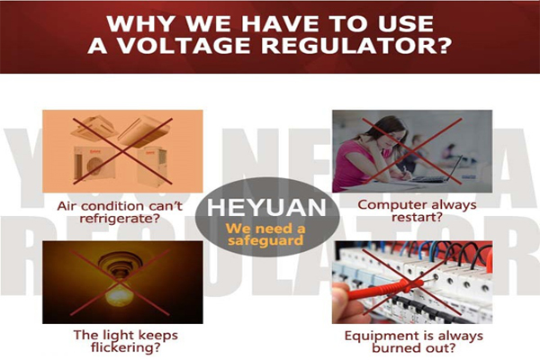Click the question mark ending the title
tap(440, 46)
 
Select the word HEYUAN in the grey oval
tap(266, 207)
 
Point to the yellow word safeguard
tap(265, 240)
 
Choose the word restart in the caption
tap(413, 218)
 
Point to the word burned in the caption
tap(396, 347)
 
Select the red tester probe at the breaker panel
tap(385, 290)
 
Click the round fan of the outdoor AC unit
tap(94, 166)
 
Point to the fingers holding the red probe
tap(346, 302)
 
